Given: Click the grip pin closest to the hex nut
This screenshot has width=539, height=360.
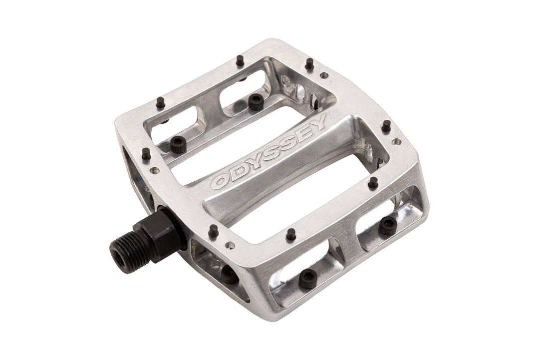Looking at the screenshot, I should pyautogui.click(x=214, y=230).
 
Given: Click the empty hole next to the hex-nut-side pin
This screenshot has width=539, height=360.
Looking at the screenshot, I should pyautogui.click(x=230, y=245).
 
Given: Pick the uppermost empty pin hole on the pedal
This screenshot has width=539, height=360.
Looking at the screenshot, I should pyautogui.click(x=324, y=75).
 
